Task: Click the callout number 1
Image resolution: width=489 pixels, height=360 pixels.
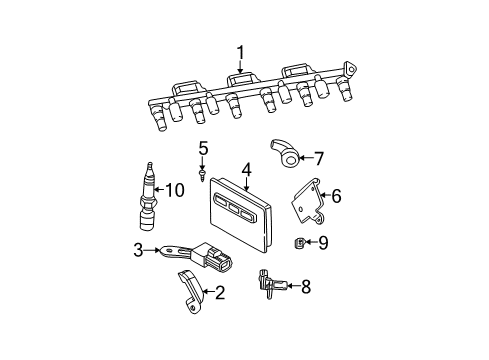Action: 241,51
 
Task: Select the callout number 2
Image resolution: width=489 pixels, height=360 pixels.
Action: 220,294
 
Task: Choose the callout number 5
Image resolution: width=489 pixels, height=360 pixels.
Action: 202,149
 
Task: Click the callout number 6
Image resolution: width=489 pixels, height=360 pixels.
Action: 336,197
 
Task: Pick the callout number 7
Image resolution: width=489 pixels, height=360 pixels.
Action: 320,157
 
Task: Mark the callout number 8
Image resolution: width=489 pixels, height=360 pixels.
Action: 306,288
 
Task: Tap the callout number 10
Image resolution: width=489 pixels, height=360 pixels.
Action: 176,189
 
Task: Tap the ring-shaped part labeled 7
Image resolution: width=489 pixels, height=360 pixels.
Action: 288,154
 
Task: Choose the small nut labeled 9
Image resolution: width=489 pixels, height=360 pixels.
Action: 300,242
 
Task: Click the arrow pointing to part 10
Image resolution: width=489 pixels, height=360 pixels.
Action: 162,189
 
